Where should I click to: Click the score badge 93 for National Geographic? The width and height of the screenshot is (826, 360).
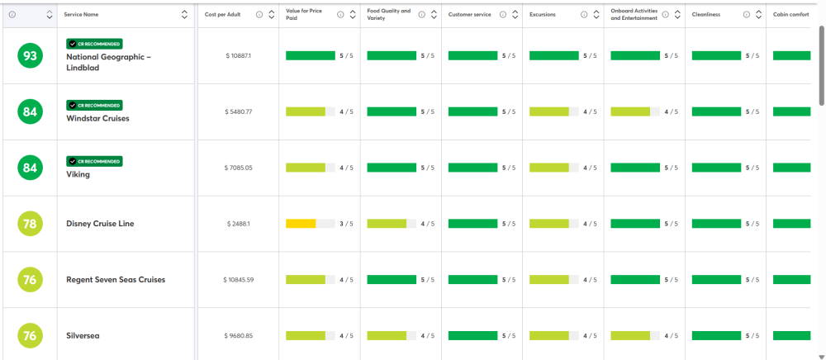click(30, 56)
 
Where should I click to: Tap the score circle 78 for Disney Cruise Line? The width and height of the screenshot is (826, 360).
click(30, 224)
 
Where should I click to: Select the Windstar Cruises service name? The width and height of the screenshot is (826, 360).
click(97, 118)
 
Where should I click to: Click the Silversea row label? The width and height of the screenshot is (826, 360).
click(83, 336)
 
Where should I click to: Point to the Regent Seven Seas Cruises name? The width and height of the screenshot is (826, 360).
click(116, 279)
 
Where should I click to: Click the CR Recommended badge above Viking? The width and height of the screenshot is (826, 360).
click(94, 161)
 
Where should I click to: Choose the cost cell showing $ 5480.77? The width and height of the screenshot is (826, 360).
click(239, 111)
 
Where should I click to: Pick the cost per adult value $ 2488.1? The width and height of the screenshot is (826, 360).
click(239, 224)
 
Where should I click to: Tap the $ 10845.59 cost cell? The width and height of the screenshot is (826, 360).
click(239, 279)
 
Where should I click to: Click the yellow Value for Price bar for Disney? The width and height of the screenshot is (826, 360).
click(301, 224)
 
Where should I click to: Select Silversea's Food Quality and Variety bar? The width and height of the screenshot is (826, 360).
click(387, 336)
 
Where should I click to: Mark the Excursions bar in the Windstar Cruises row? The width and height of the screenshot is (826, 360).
click(549, 111)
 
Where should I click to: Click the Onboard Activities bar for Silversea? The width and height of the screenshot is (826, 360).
click(630, 336)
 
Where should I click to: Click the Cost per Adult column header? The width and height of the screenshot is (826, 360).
click(223, 15)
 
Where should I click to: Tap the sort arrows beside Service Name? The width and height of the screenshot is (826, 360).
click(184, 15)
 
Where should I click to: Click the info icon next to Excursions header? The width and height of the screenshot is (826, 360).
click(584, 15)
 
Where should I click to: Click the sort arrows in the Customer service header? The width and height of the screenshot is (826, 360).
click(515, 15)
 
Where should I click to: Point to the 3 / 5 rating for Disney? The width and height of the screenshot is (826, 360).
click(346, 224)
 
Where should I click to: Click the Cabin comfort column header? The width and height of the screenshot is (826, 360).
click(791, 15)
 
